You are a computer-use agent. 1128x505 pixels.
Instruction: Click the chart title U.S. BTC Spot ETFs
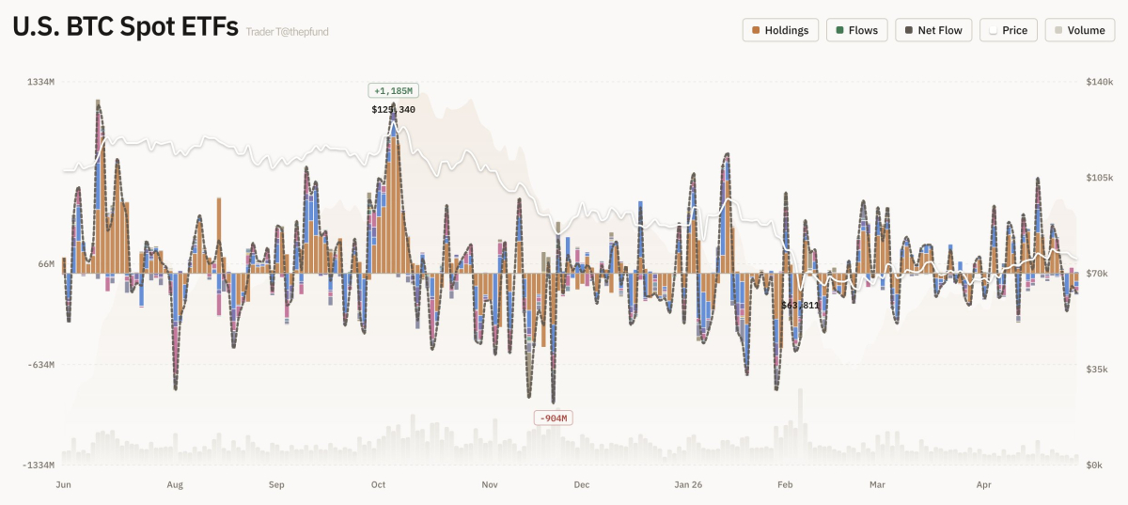point(125,27)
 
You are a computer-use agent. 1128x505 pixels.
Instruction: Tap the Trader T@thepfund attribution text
point(287,32)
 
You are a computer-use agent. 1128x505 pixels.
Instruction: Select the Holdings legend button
point(780,30)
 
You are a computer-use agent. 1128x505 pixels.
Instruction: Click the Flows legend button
point(855,30)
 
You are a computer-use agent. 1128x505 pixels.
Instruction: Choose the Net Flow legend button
point(932,30)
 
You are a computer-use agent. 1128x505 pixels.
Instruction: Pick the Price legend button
point(1008,30)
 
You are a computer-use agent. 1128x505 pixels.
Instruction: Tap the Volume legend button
point(1078,30)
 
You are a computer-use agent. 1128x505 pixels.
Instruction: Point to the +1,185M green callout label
point(393,91)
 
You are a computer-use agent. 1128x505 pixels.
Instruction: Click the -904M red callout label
point(553,418)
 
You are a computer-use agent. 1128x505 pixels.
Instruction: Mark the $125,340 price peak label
point(393,110)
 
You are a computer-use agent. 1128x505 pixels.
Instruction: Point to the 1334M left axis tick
point(40,83)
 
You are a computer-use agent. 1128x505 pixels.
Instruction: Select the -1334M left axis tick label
point(38,466)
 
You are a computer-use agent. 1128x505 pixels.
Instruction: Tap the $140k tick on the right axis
point(1098,83)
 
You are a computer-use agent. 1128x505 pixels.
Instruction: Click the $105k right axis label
point(1098,178)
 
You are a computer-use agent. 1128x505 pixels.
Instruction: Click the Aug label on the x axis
point(175,485)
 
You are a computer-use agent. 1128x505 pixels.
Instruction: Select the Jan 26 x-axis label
point(688,485)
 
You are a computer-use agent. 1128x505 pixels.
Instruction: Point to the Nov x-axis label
point(490,485)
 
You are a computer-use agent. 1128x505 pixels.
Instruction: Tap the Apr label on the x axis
point(984,485)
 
